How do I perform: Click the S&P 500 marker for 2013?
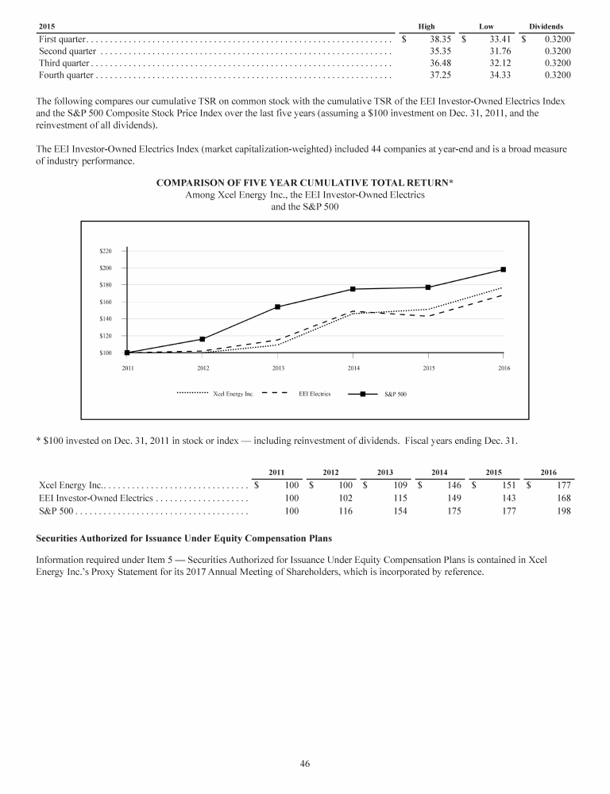[277, 306]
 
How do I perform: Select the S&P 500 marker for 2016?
[503, 269]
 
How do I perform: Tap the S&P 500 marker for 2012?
[203, 339]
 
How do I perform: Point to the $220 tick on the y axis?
[106, 251]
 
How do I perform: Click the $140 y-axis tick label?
[106, 318]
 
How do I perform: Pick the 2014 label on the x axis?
[353, 368]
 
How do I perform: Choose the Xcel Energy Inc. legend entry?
[214, 393]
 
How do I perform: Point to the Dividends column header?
[546, 26]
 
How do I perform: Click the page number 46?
[305, 764]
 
